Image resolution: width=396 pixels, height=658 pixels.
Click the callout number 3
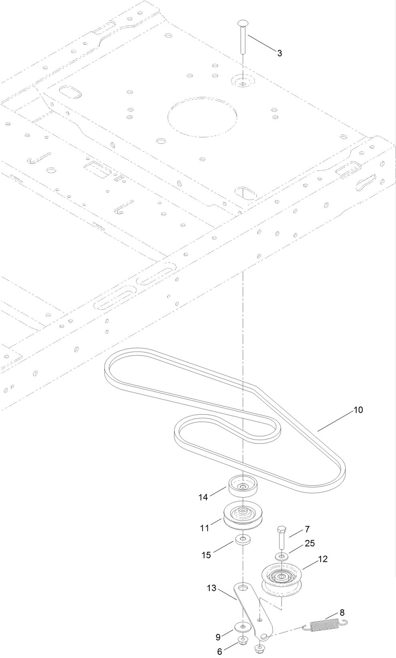279,53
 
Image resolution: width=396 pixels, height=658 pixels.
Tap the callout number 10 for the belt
358,410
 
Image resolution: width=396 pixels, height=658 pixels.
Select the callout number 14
203,497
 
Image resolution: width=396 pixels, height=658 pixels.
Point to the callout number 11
205,528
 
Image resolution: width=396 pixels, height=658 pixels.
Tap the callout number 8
342,612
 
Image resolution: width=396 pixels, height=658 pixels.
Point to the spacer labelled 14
243,487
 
